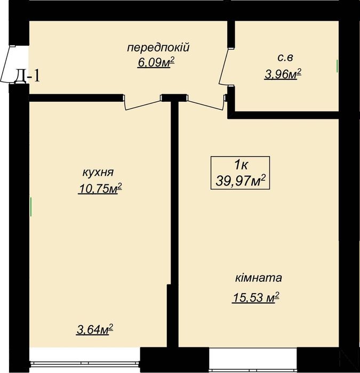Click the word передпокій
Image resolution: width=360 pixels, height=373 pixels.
tap(158, 48)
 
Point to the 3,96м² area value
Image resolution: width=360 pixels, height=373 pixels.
tap(283, 75)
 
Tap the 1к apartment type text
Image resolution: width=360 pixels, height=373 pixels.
tap(240, 165)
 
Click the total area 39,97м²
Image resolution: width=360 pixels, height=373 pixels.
tap(240, 182)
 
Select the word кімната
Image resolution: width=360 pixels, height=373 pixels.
tap(258, 278)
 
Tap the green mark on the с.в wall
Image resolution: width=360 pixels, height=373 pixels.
tap(337, 66)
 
